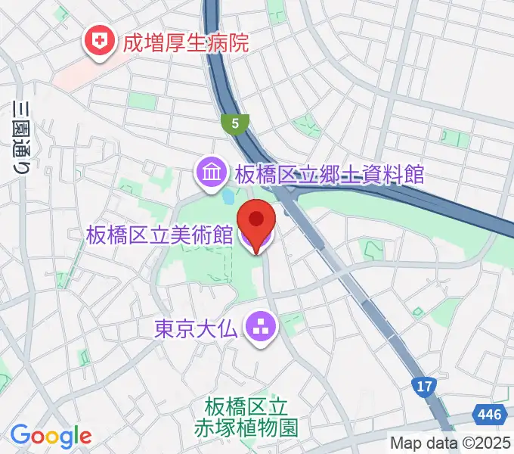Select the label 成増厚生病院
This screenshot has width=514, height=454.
pyautogui.click(x=185, y=42)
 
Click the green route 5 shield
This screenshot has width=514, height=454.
pyautogui.click(x=236, y=123)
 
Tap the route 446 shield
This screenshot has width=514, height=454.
pyautogui.click(x=489, y=414)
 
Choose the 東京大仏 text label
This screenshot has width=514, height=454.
pyautogui.click(x=197, y=328)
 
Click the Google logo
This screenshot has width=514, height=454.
pyautogui.click(x=51, y=436)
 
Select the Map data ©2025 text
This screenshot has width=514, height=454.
pyautogui.click(x=451, y=443)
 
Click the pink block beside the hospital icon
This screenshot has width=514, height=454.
pyautogui.click(x=72, y=72)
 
